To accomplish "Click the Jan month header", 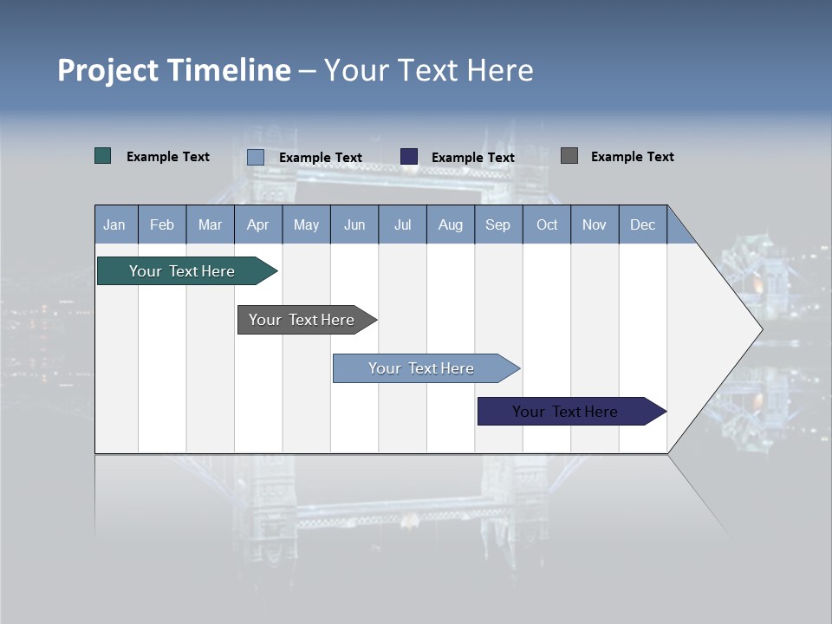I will coord(115,224).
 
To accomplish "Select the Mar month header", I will coord(210,224).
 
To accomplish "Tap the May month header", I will coord(306,224).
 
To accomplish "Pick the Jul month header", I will coord(402,224).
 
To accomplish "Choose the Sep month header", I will coord(497,224).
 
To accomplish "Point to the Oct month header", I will coord(547,224).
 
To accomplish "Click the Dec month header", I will coord(642,224).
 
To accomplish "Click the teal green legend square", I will coord(103,156).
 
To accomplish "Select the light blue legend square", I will coord(256,157).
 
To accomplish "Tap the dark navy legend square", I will coord(409,156).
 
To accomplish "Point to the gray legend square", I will coord(569,156).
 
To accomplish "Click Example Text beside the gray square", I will coord(632,157).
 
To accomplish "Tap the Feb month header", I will coord(162,224).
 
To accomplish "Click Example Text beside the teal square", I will coord(168,157).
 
